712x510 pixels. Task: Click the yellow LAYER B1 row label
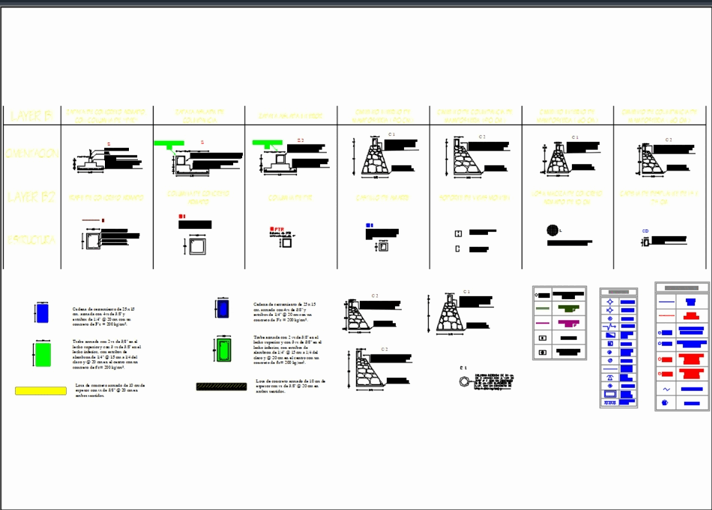tap(29, 115)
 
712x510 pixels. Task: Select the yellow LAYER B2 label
tap(31, 197)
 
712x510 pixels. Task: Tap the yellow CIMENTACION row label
tap(31, 153)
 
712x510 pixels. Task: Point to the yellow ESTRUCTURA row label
tap(31, 241)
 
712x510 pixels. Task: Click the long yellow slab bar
tap(40, 391)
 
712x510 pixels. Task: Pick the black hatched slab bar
tap(221, 387)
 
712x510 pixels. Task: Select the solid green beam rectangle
tap(42, 353)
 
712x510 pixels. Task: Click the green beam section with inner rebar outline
tap(223, 349)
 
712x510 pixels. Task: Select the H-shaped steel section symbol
tap(458, 233)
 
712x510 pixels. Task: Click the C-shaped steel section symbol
tap(458, 248)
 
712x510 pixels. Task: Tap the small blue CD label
tap(645, 231)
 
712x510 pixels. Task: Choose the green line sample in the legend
tap(542, 309)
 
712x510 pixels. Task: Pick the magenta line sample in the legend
tap(542, 323)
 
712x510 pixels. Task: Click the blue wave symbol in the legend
tap(666, 389)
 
